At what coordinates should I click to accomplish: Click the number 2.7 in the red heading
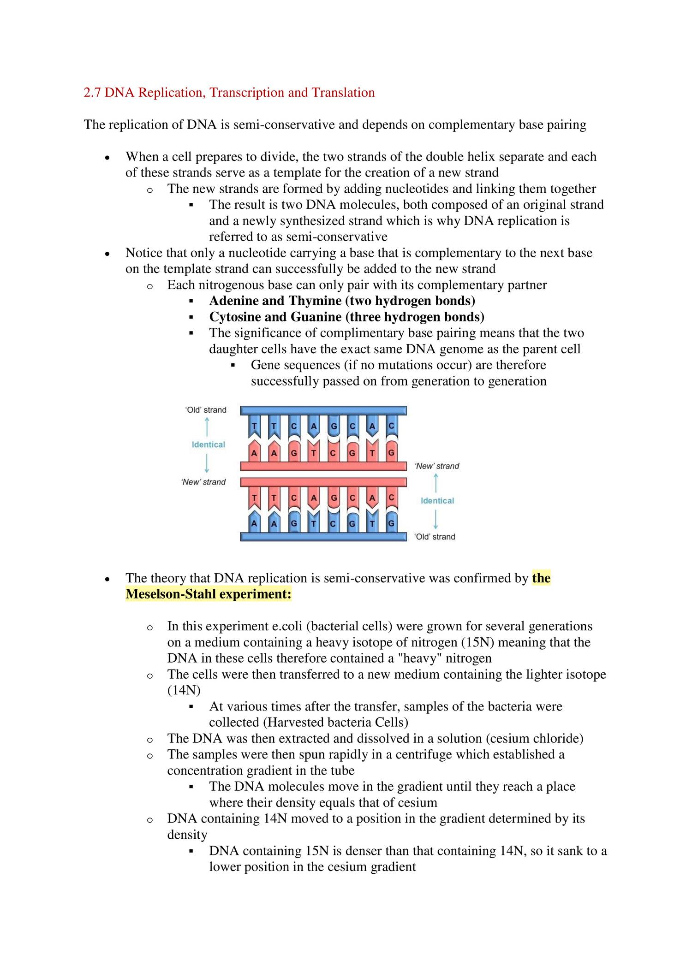tap(92, 93)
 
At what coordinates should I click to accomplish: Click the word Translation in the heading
tap(343, 93)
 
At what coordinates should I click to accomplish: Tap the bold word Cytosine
tap(235, 317)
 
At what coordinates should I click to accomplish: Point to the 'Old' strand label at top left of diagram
tap(206, 410)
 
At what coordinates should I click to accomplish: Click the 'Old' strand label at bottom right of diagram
tap(435, 537)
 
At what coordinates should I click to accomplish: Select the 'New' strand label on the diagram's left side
tap(203, 482)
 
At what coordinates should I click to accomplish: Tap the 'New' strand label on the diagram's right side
tap(437, 466)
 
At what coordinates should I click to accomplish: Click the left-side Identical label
tap(208, 445)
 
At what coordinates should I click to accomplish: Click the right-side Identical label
tap(437, 501)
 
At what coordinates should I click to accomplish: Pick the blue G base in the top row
tap(333, 427)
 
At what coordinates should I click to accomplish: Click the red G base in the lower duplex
tap(333, 498)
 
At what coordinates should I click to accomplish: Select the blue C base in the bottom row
tap(333, 524)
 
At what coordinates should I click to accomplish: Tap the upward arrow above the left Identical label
tap(207, 427)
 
